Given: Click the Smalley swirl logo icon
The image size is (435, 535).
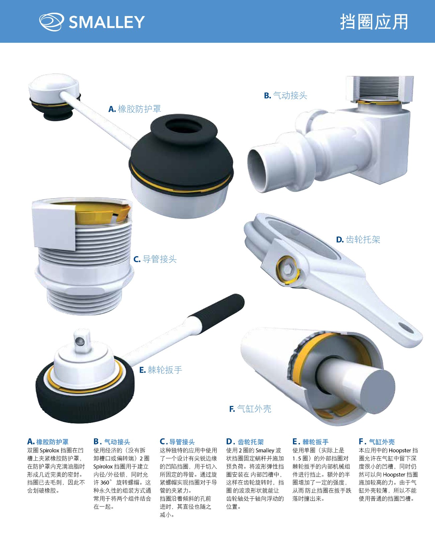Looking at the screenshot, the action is point(51,22).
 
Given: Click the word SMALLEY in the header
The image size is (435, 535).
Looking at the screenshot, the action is point(107,22).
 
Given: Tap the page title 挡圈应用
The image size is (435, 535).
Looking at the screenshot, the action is point(374,22).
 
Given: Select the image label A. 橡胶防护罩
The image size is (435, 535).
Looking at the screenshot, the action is point(135,109).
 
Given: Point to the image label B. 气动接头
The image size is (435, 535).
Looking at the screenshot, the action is point(286,95).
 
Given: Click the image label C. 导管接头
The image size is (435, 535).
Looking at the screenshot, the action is point(155,259).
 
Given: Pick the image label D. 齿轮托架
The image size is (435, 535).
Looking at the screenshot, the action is point(358,239).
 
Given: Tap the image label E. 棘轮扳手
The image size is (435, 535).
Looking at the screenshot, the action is point(161,370).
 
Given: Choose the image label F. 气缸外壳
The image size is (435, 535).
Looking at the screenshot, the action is point(250,409).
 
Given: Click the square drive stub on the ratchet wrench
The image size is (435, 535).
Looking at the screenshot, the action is point(82,339).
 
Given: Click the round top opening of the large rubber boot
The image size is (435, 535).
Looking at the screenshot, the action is point(184,126).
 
